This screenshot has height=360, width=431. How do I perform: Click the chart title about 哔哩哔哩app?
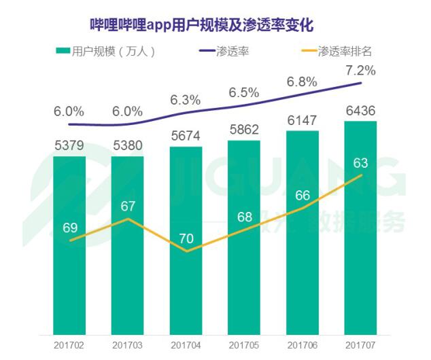[202, 25]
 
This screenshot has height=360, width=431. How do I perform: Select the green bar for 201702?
[69, 245]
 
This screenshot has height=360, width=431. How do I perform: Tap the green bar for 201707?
[360, 228]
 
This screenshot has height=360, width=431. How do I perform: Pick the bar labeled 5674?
[186, 241]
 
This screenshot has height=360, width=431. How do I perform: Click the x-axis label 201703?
[127, 345]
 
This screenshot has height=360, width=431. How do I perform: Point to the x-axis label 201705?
[244, 345]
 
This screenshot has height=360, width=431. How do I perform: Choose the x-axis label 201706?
[302, 345]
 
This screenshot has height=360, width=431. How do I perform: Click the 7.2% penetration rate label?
[360, 71]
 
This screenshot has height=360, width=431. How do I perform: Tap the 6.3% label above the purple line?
[186, 100]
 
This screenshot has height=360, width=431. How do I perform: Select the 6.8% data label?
[302, 82]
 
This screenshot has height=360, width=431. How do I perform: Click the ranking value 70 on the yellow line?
[186, 238]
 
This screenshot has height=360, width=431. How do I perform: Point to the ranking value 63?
[360, 163]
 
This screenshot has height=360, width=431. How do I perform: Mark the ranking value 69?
[70, 228]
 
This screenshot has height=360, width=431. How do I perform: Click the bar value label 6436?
[360, 111]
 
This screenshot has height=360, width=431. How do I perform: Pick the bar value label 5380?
[128, 145]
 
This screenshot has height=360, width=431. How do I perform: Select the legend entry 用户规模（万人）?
[105, 52]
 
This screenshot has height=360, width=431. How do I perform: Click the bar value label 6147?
[302, 120]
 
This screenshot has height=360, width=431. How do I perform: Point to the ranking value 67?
[128, 206]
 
